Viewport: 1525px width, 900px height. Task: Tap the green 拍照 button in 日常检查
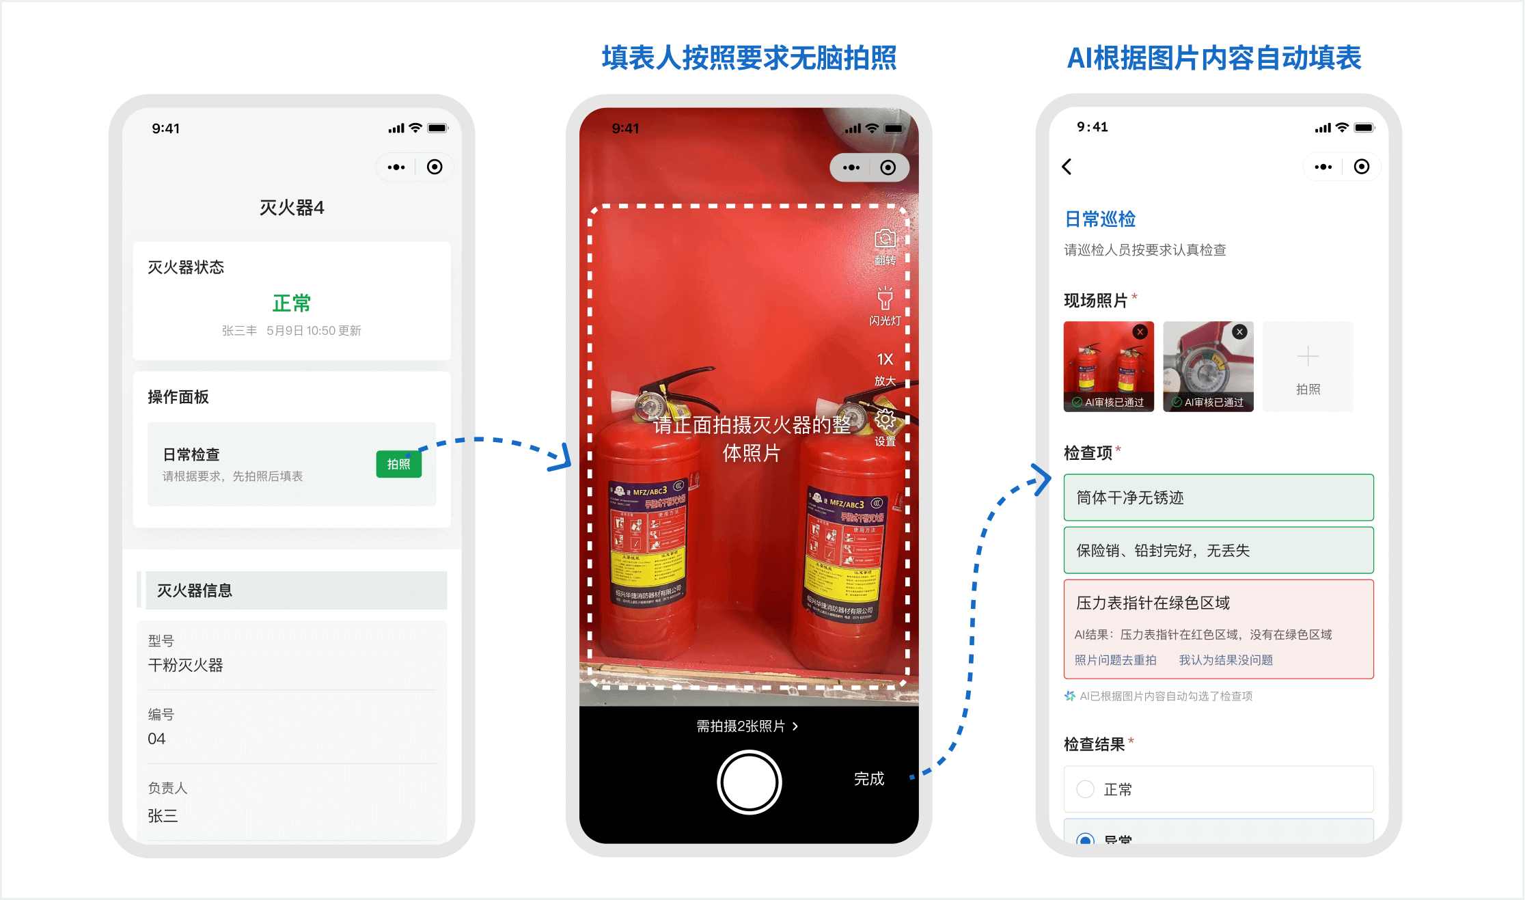pos(398,465)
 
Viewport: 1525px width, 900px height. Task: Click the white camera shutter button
pos(749,782)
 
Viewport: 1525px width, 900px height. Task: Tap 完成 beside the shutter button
pos(868,779)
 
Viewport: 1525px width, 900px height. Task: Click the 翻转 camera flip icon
pos(885,240)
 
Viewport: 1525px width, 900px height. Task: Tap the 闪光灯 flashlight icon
pos(885,300)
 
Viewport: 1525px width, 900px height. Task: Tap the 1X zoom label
pos(885,359)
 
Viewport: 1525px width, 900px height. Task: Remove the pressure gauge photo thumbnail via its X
pos(1239,332)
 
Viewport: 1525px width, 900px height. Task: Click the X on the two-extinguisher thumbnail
pos(1140,332)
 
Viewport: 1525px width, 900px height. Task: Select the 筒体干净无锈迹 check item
pos(1218,497)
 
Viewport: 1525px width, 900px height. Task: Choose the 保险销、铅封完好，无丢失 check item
pos(1218,550)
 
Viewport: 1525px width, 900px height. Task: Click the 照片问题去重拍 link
pos(1115,660)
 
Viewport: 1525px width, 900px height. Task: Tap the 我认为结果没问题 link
pos(1225,660)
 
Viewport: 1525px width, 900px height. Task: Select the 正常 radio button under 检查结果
pos(1085,789)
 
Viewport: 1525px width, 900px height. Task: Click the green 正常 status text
pos(292,303)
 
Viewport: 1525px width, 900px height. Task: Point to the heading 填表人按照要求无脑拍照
pos(749,58)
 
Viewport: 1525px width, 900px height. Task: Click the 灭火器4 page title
pos(292,208)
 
